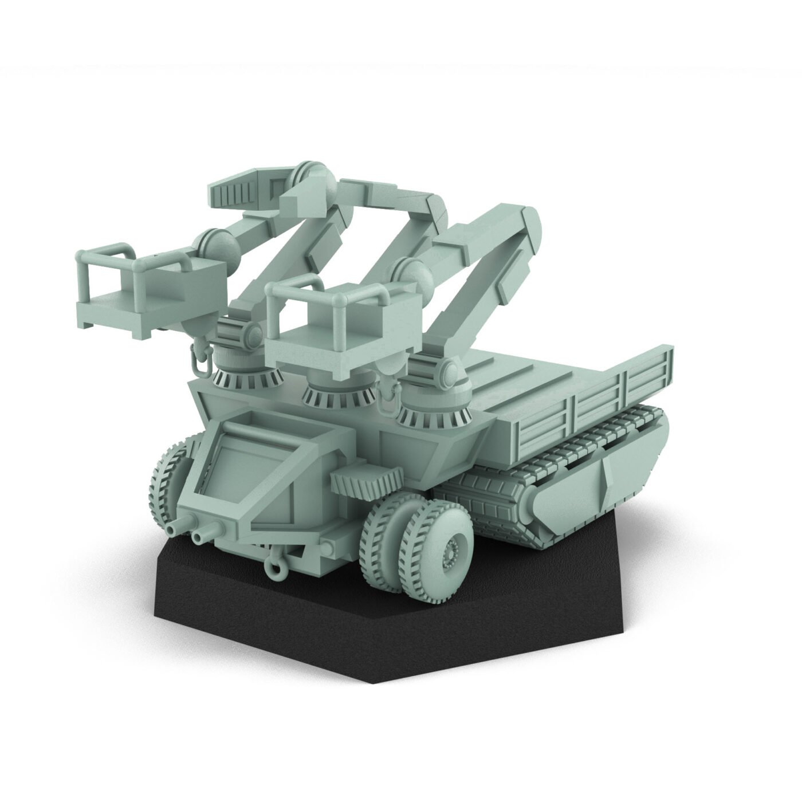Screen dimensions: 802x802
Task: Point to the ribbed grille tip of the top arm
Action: [229, 188]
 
